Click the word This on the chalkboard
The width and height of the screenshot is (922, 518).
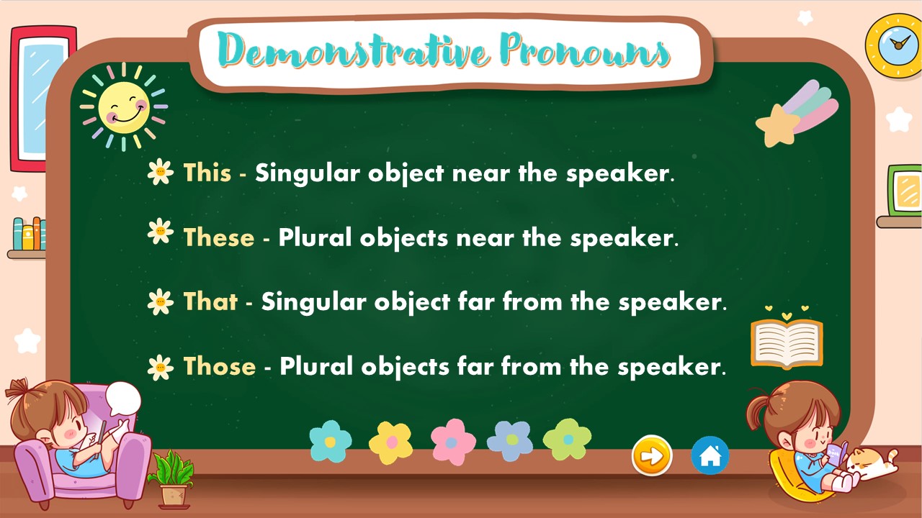pyautogui.click(x=207, y=172)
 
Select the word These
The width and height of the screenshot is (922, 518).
pyautogui.click(x=219, y=237)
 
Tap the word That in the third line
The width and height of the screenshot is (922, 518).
pyautogui.click(x=210, y=301)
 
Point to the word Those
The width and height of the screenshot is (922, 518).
pyautogui.click(x=220, y=366)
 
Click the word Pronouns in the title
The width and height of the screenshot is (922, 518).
pyautogui.click(x=585, y=50)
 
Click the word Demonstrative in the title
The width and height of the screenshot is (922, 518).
pyautogui.click(x=353, y=50)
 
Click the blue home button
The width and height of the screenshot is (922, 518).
pyautogui.click(x=710, y=456)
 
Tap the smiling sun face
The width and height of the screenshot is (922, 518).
pyautogui.click(x=124, y=107)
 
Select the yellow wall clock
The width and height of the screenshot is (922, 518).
pyautogui.click(x=895, y=45)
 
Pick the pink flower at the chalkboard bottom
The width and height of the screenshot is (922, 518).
pyautogui.click(x=453, y=442)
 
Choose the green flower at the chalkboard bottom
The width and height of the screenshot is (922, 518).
pyautogui.click(x=567, y=440)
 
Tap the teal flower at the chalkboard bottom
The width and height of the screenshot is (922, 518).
pyautogui.click(x=331, y=442)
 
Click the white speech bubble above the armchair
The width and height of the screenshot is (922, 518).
pyautogui.click(x=122, y=399)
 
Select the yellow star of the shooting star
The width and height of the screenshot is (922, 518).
pyautogui.click(x=777, y=125)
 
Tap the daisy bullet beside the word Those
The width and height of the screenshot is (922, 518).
pyautogui.click(x=161, y=367)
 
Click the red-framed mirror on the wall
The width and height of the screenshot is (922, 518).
pyautogui.click(x=42, y=99)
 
